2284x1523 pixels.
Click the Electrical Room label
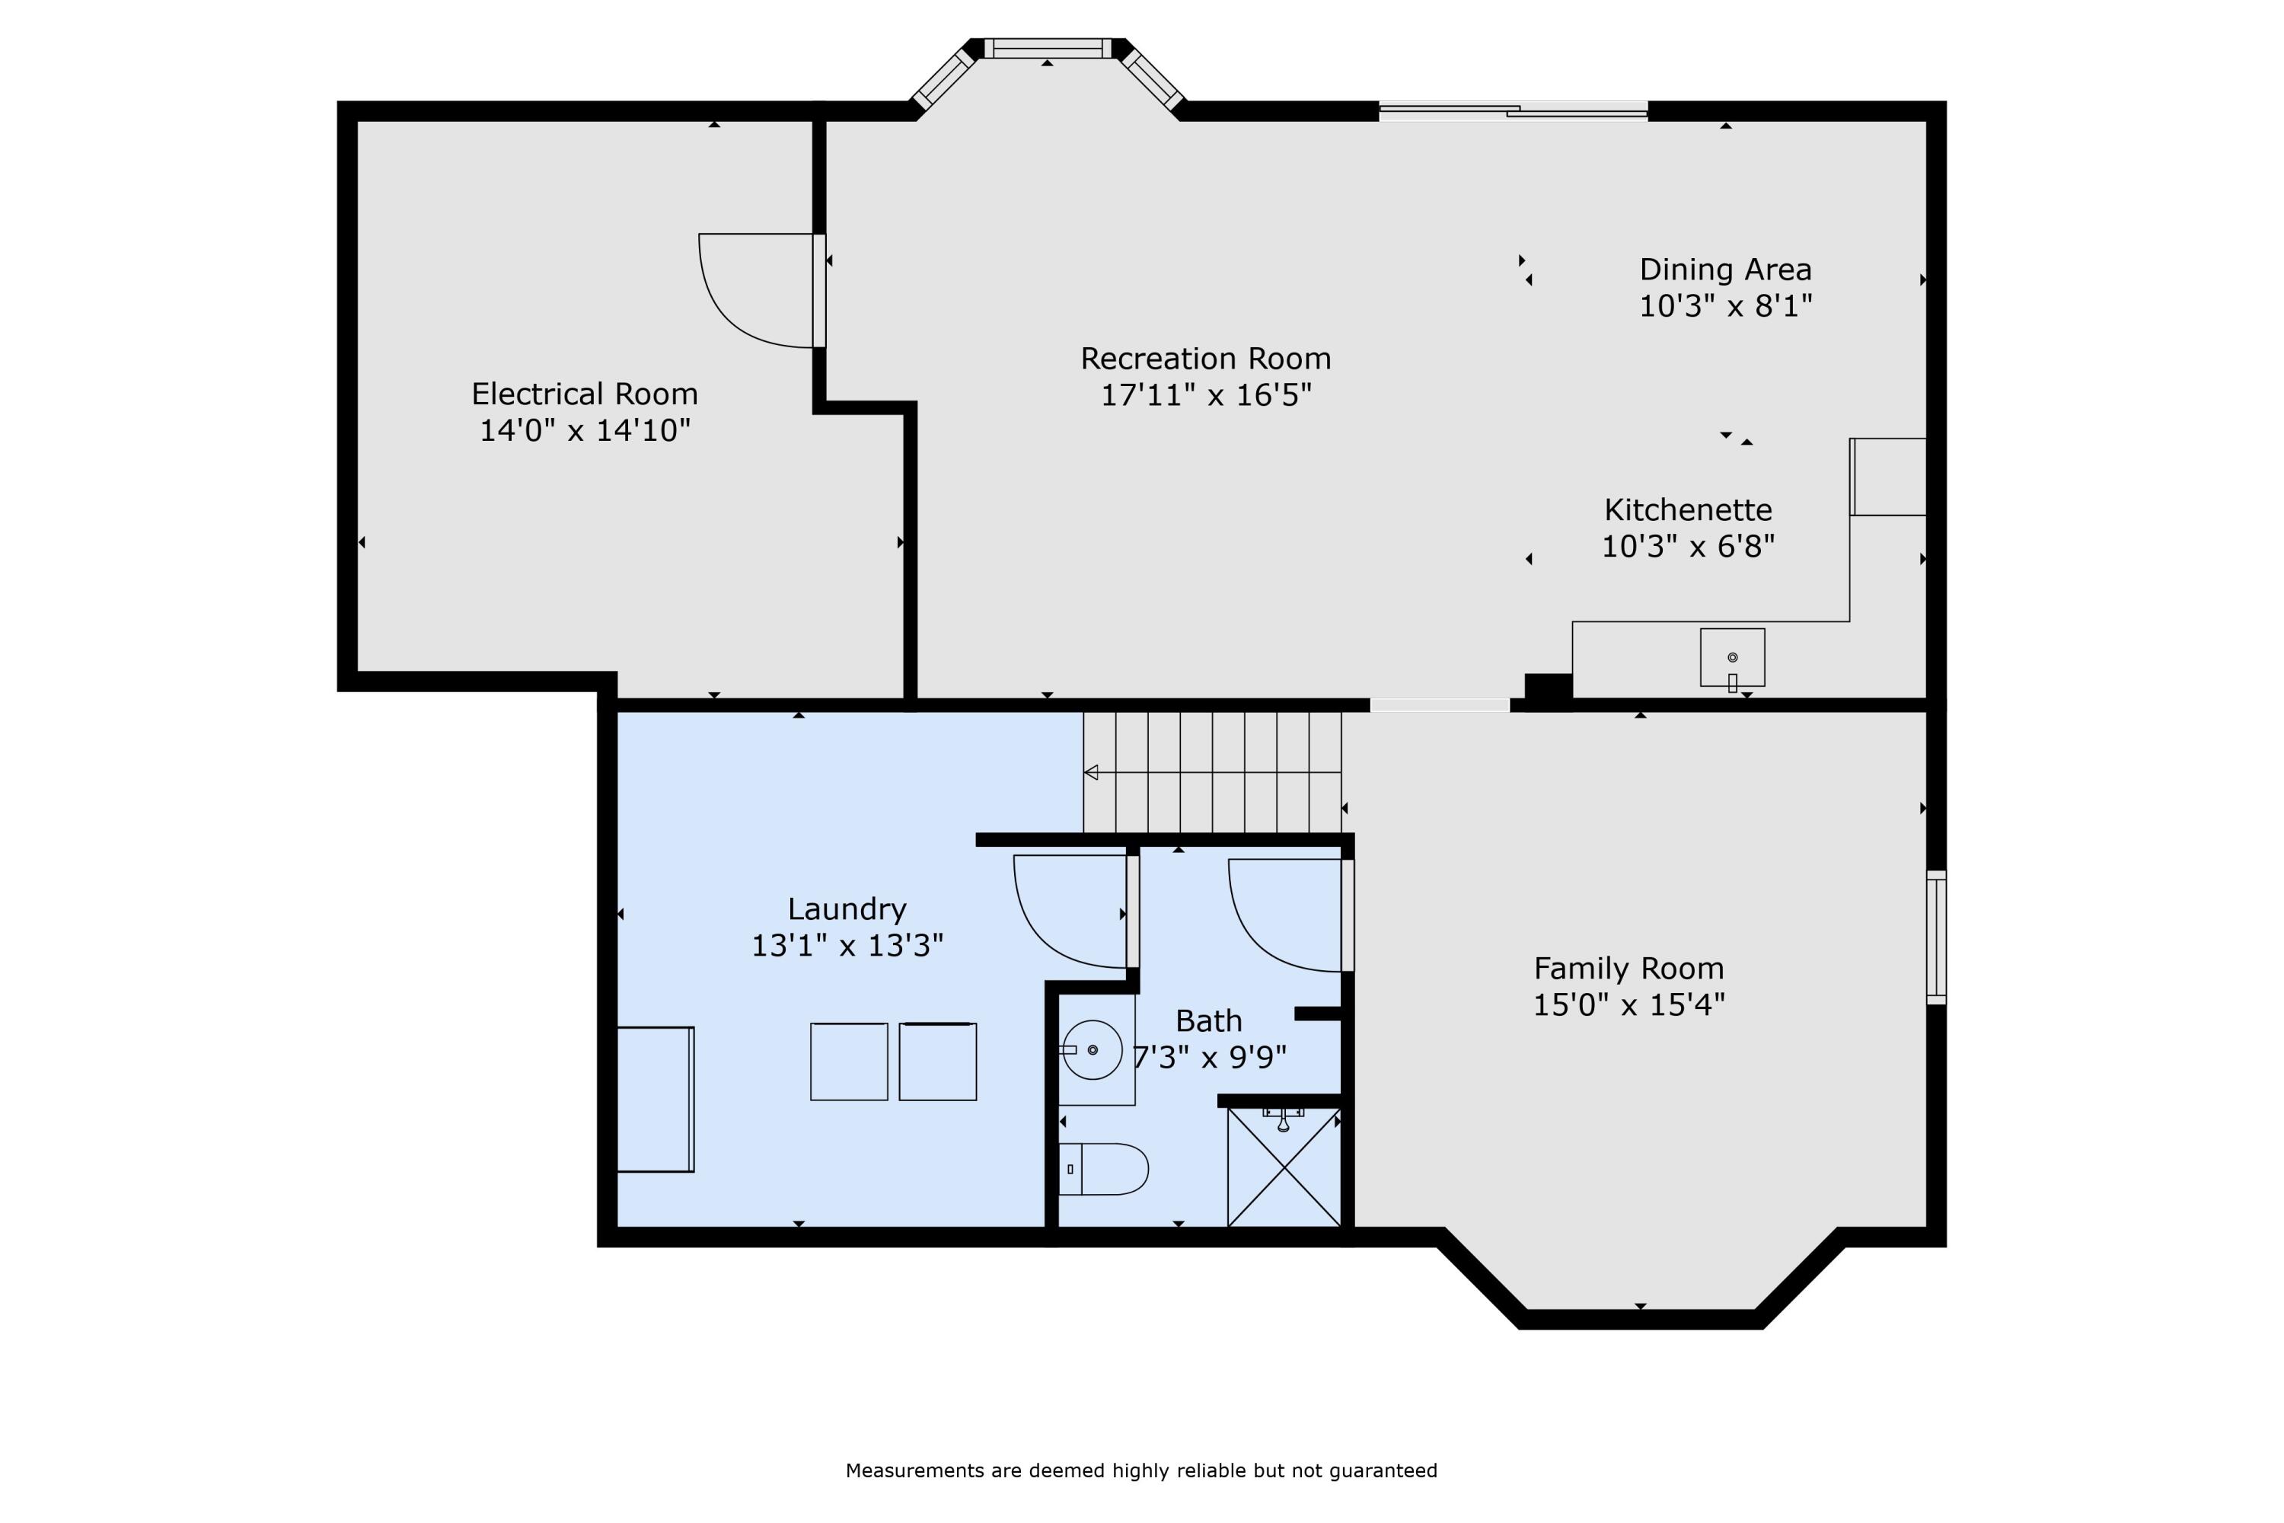tap(585, 394)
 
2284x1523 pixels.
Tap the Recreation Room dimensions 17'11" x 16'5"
tap(1206, 395)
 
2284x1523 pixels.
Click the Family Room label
tap(1628, 969)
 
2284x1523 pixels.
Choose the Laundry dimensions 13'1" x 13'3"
tap(847, 945)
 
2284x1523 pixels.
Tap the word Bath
tap(1209, 1021)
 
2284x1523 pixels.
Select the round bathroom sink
tap(1093, 1050)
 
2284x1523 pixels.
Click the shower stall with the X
tap(1284, 1167)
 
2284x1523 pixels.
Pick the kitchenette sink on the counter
tap(1733, 658)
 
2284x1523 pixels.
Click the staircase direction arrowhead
tap(1090, 772)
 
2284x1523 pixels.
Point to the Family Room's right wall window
tap(1935, 937)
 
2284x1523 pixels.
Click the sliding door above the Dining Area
tap(1513, 110)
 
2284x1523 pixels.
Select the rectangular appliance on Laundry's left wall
tap(656, 1100)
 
